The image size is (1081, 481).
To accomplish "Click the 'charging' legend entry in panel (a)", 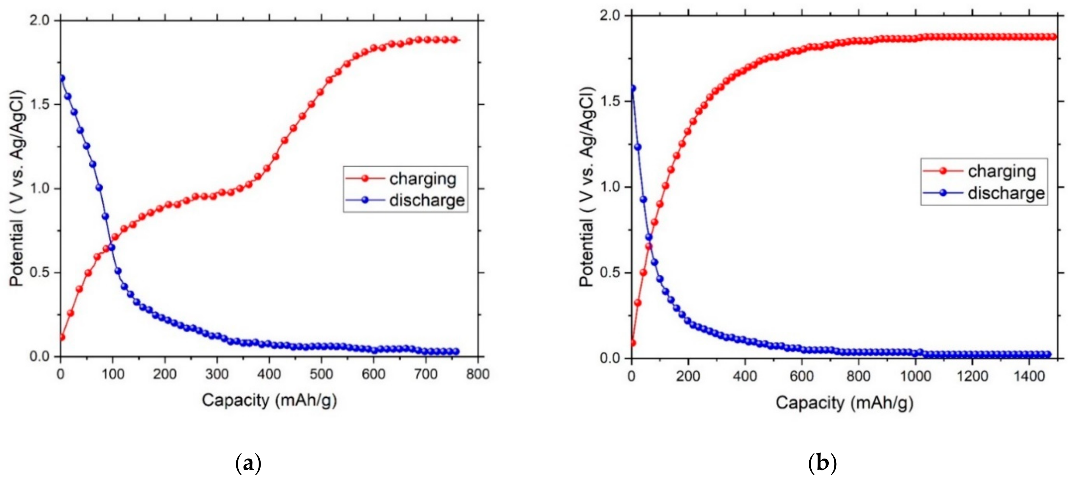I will tap(422, 179).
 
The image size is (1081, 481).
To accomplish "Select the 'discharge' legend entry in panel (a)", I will tap(426, 200).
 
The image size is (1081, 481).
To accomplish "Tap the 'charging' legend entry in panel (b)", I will tap(1002, 171).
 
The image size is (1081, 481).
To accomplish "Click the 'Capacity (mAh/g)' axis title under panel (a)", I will tap(269, 400).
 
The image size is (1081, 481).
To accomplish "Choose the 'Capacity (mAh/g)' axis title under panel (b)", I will tap(844, 403).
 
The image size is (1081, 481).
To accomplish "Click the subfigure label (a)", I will tap(249, 464).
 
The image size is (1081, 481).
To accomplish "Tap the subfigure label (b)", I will tap(822, 464).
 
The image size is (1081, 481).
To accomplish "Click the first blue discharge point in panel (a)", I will tap(62, 78).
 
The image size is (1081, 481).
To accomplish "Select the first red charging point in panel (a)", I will tap(62, 337).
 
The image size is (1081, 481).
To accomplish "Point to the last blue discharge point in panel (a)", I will tap(456, 351).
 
